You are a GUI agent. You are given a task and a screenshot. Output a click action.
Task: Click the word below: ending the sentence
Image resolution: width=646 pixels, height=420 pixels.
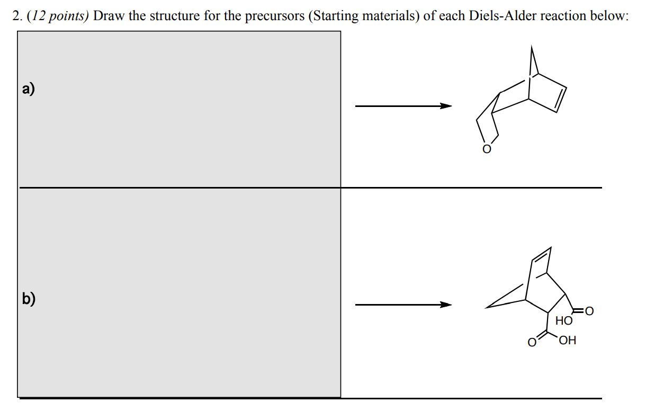pos(611,16)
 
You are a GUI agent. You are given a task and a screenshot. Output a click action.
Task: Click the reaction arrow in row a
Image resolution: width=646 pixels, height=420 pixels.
pos(403,106)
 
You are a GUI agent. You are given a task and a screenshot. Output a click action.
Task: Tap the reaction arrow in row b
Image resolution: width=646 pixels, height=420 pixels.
pos(403,305)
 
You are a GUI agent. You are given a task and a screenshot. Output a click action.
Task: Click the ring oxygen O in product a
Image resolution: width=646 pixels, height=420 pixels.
pos(486,149)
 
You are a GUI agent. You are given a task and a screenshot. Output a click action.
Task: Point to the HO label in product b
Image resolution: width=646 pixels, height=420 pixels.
pos(564,320)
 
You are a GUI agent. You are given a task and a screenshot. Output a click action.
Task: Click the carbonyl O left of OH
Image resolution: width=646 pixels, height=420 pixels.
pos(531,341)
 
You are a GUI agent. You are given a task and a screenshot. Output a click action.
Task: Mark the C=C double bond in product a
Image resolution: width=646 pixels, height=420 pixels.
pos(559,100)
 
